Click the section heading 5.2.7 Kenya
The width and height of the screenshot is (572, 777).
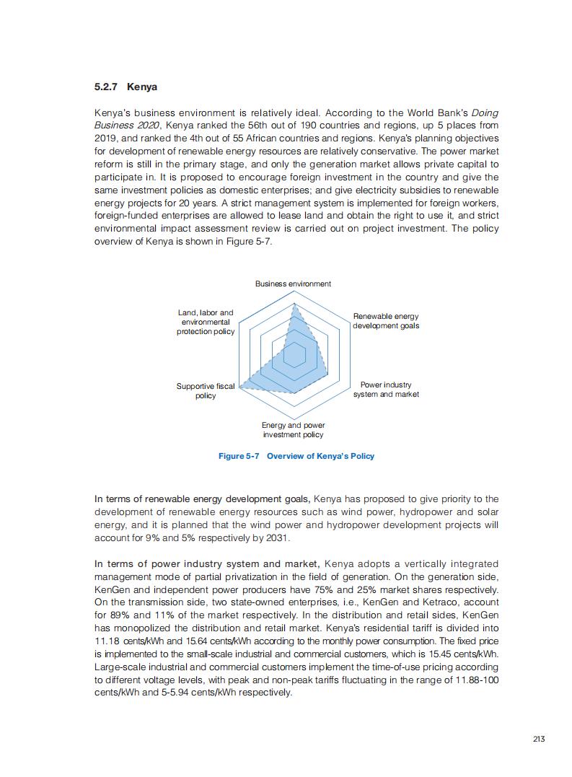pos(126,87)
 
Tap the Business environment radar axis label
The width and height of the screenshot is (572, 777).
pos(293,284)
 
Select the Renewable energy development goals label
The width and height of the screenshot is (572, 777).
pos(386,321)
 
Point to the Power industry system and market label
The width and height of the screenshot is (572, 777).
pos(386,390)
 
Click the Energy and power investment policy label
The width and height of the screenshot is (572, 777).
pos(293,430)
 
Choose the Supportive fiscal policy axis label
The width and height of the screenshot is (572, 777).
pos(206,391)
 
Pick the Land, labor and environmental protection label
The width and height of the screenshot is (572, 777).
pos(206,322)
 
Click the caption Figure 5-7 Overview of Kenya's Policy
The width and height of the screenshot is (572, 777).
pos(296,456)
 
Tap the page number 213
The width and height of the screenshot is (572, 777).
pos(539,738)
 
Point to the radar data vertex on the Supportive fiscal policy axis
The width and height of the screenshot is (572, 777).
pos(240,387)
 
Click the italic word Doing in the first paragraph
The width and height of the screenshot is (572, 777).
pos(484,113)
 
